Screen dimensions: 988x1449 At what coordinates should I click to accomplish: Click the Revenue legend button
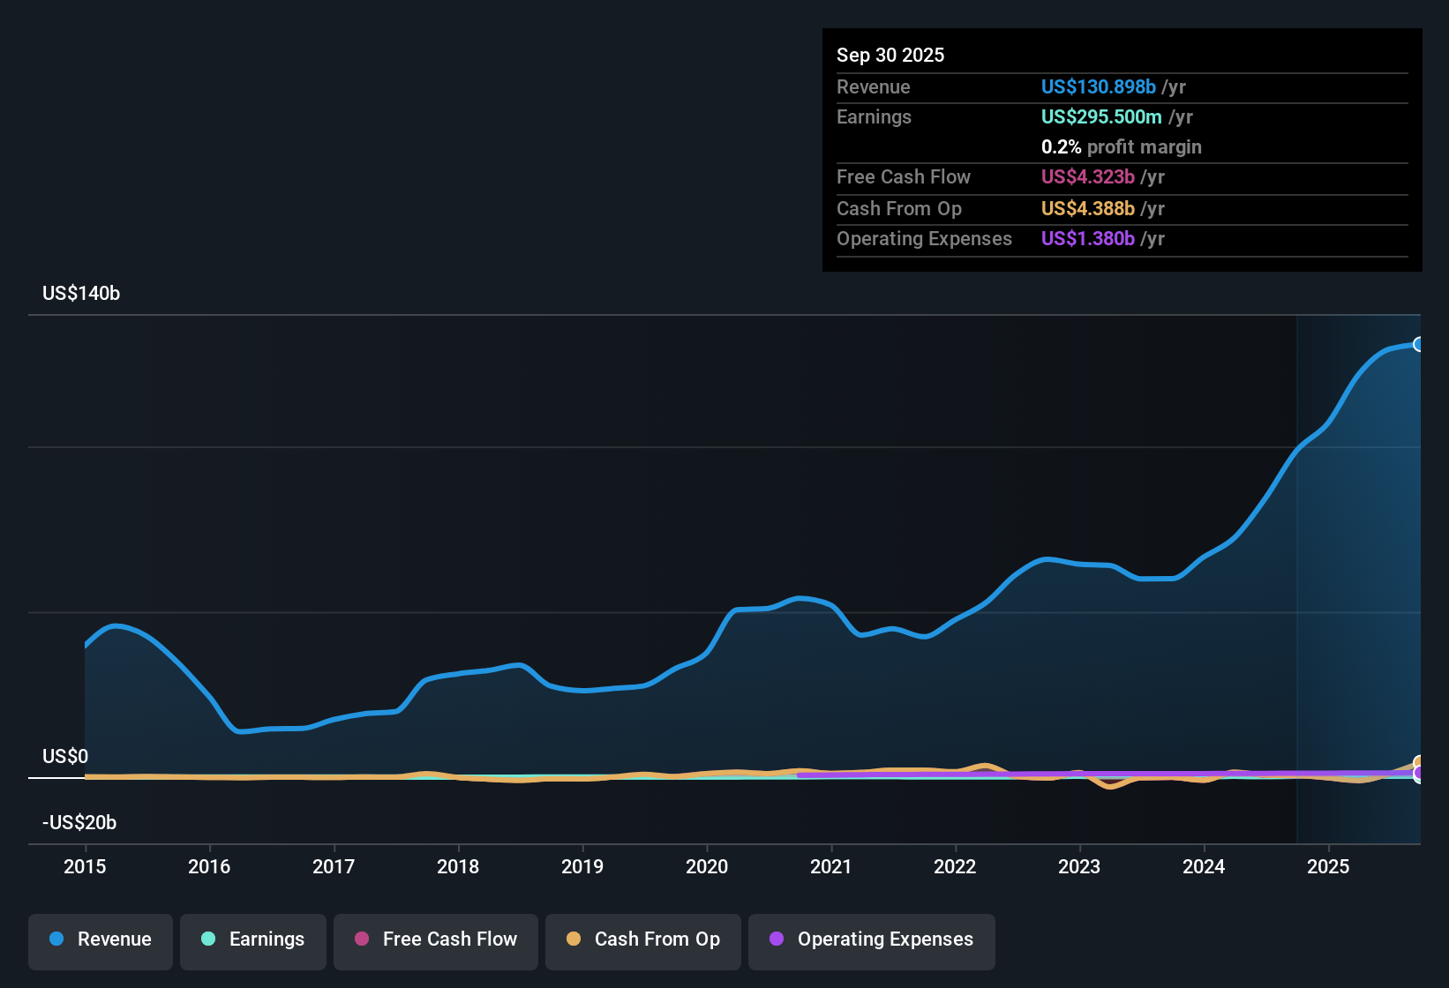pyautogui.click(x=101, y=939)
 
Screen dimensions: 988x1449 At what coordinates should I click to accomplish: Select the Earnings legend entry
pyautogui.click(x=253, y=939)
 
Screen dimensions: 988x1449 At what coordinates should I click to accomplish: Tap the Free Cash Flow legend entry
pyautogui.click(x=436, y=939)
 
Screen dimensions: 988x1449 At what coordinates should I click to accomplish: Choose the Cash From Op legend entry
pyautogui.click(x=643, y=939)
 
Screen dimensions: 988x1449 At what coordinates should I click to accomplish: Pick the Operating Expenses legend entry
pyautogui.click(x=872, y=939)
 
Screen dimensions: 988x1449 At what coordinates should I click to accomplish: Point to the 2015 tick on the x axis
pyautogui.click(x=85, y=866)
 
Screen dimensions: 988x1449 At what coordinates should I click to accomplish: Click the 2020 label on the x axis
pyautogui.click(x=707, y=866)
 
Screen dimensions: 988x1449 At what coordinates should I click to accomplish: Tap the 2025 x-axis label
pyautogui.click(x=1328, y=866)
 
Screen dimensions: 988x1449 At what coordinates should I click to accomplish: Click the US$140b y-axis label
pyautogui.click(x=81, y=293)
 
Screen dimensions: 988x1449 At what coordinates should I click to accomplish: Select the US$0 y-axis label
pyautogui.click(x=65, y=756)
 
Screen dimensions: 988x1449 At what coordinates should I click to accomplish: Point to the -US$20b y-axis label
pyautogui.click(x=79, y=822)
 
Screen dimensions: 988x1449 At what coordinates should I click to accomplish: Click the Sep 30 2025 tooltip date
pyautogui.click(x=890, y=55)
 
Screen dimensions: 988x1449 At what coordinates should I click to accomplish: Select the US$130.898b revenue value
pyautogui.click(x=1098, y=86)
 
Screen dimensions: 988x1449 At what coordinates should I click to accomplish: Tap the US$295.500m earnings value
pyautogui.click(x=1100, y=116)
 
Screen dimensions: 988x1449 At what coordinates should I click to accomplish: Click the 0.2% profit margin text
pyautogui.click(x=1121, y=146)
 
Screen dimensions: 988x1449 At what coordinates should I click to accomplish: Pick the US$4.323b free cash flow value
pyautogui.click(x=1087, y=176)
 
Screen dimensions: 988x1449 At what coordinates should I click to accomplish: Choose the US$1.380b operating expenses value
pyautogui.click(x=1087, y=238)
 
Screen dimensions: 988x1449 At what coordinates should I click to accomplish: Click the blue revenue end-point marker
pyautogui.click(x=1418, y=344)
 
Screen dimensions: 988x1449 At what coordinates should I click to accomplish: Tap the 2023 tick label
pyautogui.click(x=1079, y=866)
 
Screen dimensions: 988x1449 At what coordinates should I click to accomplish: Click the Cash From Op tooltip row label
pyautogui.click(x=898, y=208)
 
